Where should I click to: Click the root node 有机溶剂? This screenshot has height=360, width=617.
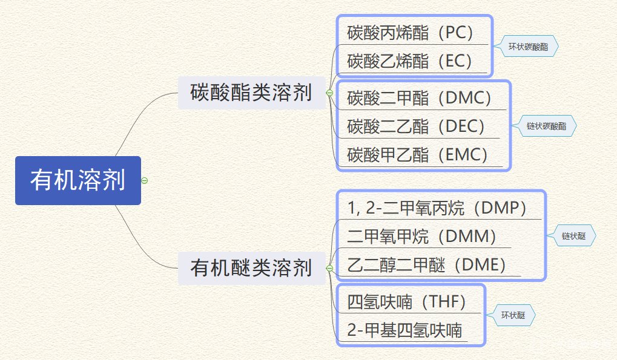coord(78,180)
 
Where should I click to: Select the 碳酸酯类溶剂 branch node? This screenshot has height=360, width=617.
coord(251,93)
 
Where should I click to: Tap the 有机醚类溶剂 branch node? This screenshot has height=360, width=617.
coord(251,267)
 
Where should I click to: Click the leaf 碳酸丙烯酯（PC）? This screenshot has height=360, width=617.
coord(410,32)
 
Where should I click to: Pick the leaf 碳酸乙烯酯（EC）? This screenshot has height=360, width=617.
coord(410,61)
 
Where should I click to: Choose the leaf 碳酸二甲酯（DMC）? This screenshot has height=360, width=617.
coord(420,97)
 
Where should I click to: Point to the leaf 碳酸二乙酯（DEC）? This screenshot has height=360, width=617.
coord(417,126)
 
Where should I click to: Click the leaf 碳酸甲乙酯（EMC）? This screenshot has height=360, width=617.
coord(418,154)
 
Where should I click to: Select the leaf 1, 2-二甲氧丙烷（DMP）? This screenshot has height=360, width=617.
coord(438,208)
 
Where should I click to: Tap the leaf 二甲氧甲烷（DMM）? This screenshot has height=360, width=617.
coord(423,236)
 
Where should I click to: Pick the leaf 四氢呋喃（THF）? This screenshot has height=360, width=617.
coord(407,301)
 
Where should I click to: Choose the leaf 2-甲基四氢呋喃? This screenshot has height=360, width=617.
coord(404,330)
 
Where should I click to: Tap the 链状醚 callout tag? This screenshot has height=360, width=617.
coord(573,236)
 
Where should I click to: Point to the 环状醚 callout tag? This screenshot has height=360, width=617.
coord(512,315)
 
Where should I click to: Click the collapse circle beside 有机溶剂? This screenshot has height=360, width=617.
coord(144,180)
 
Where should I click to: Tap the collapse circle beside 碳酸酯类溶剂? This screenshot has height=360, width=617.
coord(329,93)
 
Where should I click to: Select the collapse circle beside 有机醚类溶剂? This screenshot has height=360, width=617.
coord(329,267)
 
